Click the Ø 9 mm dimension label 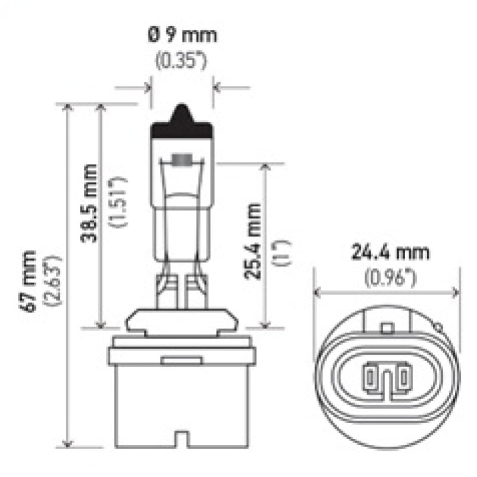click(x=182, y=35)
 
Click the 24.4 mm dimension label click(x=388, y=252)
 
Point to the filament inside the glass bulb click(x=181, y=160)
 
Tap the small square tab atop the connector click(x=387, y=327)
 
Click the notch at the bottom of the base click(x=181, y=442)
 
